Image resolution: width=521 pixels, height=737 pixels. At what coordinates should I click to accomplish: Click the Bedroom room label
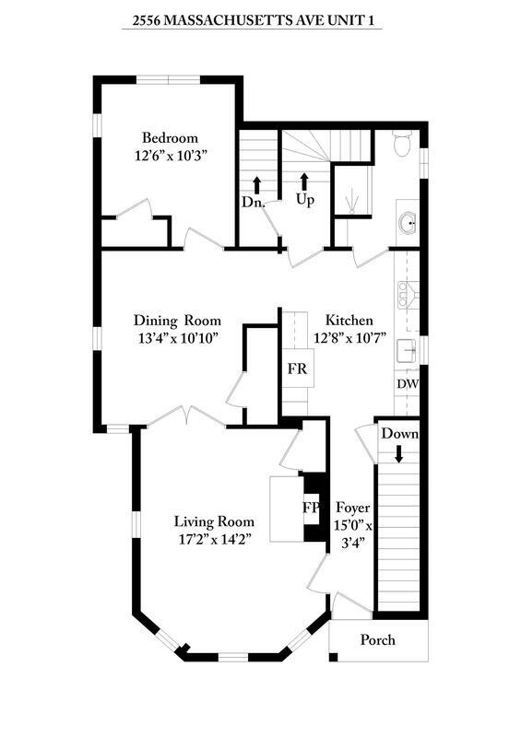point(170,138)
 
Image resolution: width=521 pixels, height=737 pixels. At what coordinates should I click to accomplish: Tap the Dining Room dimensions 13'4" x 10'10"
point(177,338)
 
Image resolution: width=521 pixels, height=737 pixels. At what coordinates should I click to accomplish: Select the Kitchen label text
point(349,321)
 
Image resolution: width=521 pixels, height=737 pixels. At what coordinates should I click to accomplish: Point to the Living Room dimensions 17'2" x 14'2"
point(213,539)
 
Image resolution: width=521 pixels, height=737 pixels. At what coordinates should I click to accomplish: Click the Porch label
point(377,640)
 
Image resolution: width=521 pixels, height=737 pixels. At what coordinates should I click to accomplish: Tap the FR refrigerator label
point(298,368)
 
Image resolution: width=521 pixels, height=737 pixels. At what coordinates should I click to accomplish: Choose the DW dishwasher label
point(408,384)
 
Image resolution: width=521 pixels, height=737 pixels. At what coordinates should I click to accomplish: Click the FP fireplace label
point(311,508)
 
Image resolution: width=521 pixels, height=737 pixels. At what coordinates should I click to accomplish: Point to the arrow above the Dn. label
point(256,185)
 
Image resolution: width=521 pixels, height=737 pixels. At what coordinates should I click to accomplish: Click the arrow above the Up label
point(304,181)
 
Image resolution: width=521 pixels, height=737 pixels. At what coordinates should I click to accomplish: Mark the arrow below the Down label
point(398,454)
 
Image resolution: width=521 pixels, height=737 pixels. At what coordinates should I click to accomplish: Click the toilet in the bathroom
point(402,143)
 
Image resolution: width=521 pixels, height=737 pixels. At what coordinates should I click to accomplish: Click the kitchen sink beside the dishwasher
point(407,351)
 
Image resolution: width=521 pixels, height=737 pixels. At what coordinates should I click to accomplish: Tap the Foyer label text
point(352,509)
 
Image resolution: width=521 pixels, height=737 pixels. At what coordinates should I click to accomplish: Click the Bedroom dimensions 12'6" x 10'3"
point(171,156)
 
